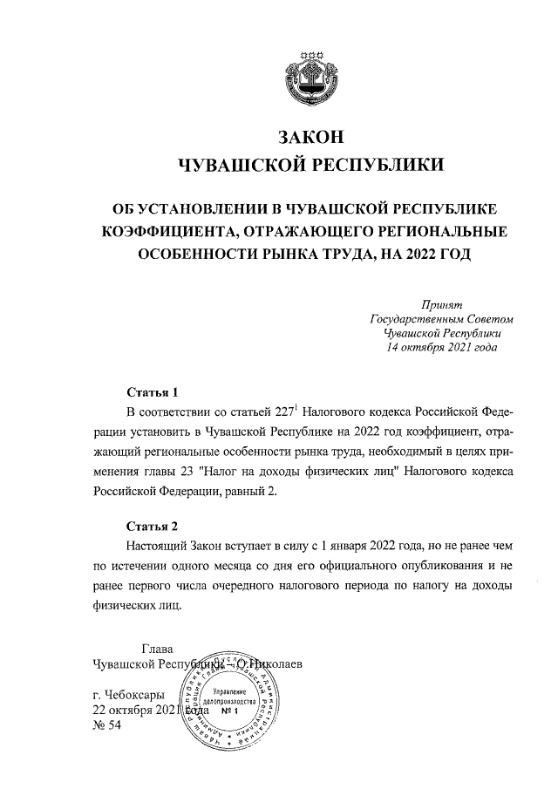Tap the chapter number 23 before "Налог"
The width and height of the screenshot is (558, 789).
point(199,472)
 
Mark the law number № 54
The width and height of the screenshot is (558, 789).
point(109,727)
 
